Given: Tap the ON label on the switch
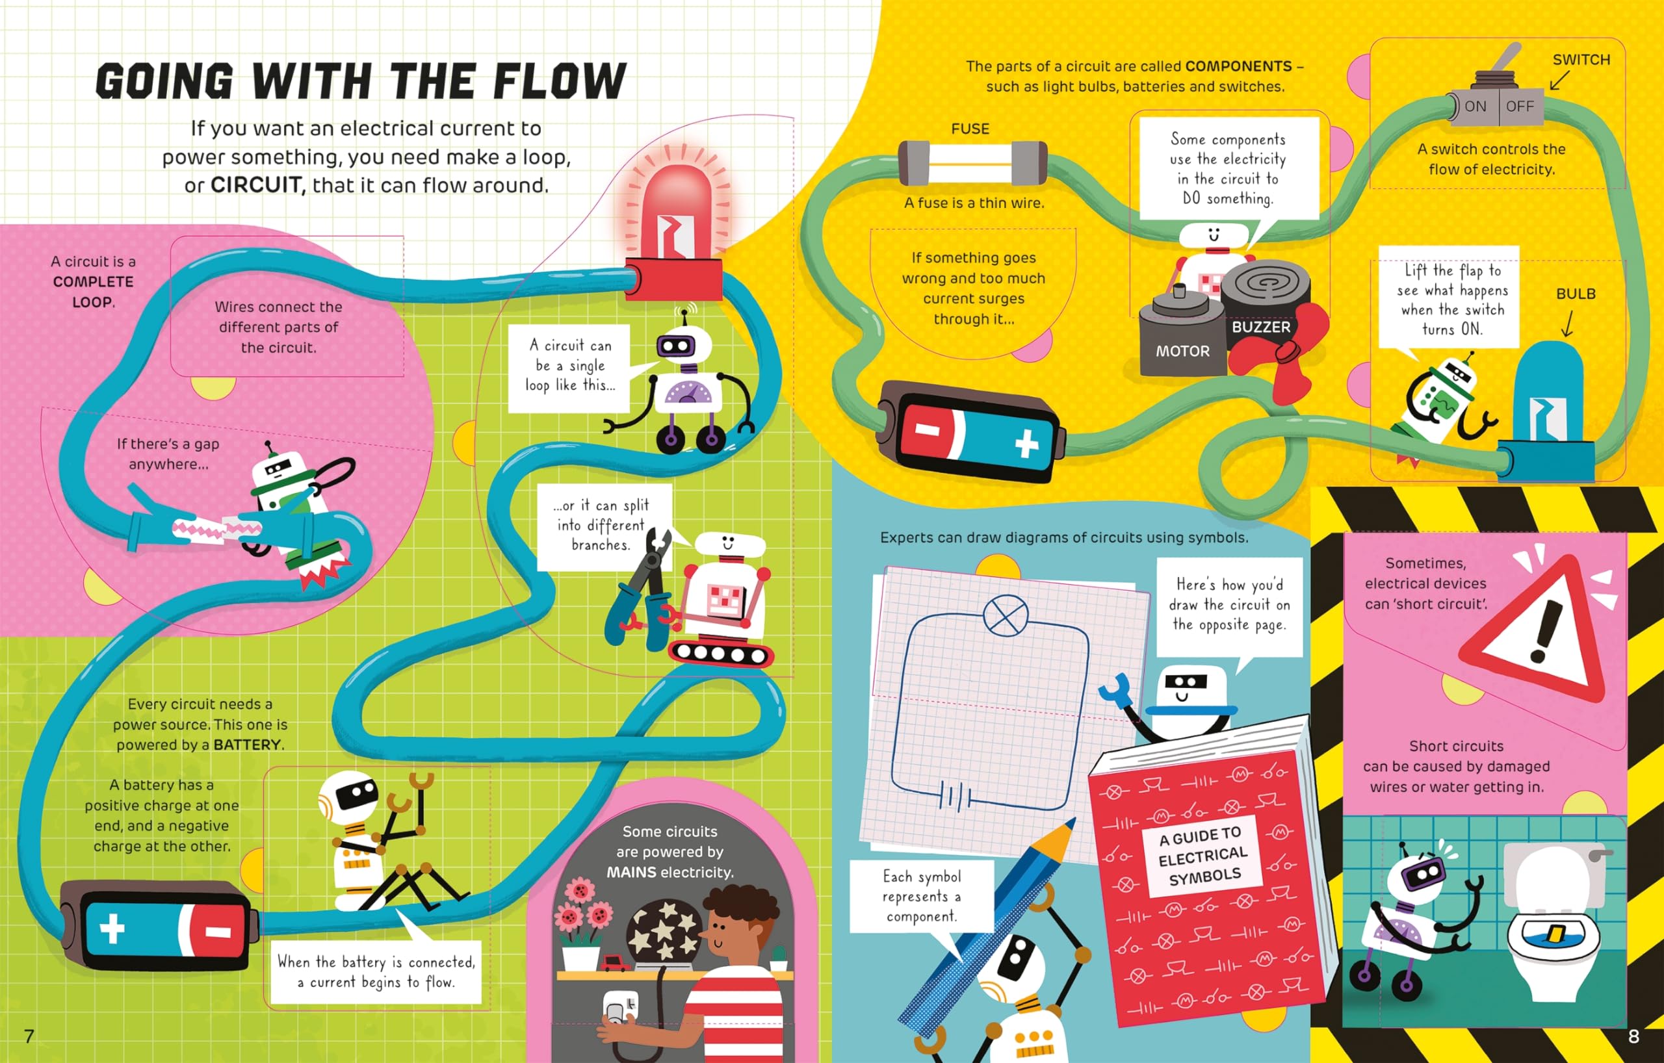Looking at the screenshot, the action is (x=1475, y=107).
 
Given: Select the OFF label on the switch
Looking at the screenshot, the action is (x=1520, y=107).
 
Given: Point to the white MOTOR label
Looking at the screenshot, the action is (x=1183, y=351).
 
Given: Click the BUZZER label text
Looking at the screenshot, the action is (x=1261, y=327).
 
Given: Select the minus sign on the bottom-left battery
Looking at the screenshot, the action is (x=218, y=932).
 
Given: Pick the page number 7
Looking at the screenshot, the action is (x=29, y=1036).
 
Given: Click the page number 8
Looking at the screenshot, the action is (x=1633, y=1036).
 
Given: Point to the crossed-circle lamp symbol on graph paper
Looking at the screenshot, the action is (x=1006, y=615).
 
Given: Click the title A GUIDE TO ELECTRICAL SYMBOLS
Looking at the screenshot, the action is (x=1204, y=856).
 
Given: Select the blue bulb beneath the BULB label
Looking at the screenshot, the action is (x=1548, y=394).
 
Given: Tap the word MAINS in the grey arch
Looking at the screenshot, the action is (x=631, y=873).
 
